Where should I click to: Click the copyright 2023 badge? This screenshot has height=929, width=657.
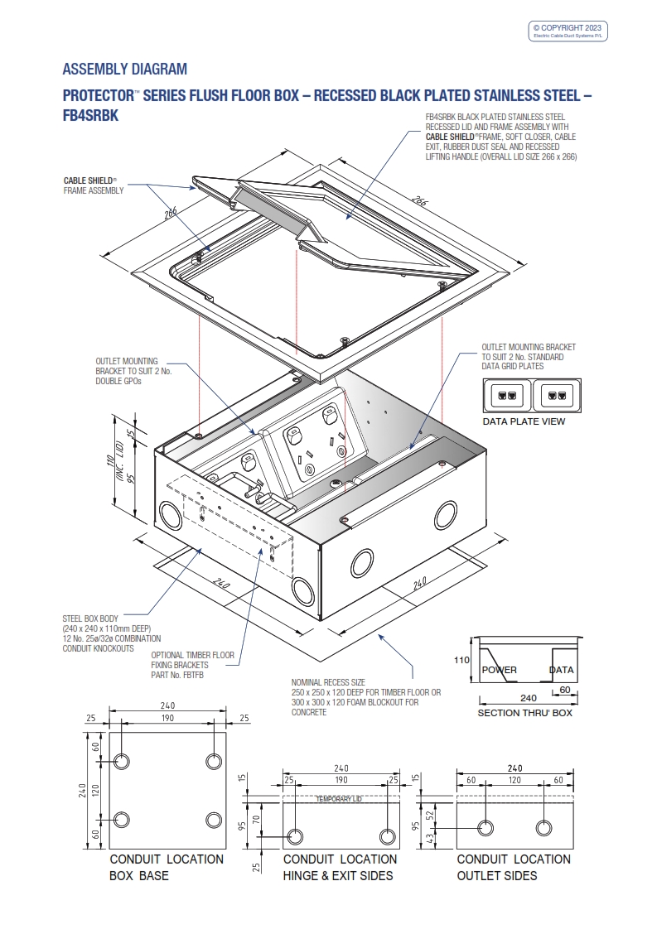click(569, 31)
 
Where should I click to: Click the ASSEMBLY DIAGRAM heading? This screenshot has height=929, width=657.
click(125, 69)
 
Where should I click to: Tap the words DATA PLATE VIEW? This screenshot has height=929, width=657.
click(524, 421)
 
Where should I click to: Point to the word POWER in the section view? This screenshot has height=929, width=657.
click(500, 670)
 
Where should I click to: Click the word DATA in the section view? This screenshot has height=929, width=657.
click(562, 670)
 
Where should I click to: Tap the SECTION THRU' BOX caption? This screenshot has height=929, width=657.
click(524, 713)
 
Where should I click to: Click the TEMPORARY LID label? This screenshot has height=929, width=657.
click(338, 799)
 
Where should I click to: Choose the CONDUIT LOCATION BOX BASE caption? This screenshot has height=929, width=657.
click(166, 867)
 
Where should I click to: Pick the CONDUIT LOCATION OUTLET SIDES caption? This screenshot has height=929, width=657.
click(514, 867)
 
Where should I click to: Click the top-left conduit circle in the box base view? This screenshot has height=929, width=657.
click(122, 761)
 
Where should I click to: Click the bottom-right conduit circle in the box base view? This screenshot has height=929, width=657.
click(213, 820)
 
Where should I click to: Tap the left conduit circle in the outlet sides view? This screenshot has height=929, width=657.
click(485, 828)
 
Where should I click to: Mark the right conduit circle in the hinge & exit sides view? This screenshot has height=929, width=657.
click(386, 835)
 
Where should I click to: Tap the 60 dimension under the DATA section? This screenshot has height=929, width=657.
click(563, 689)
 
